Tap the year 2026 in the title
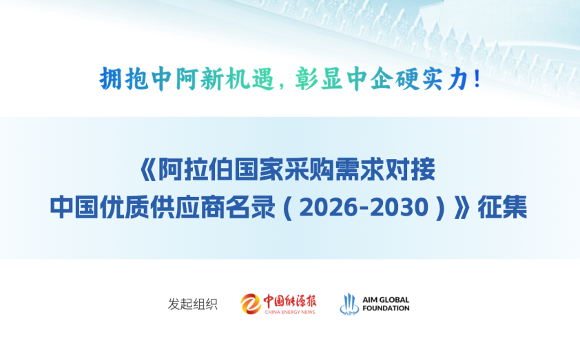coord(324,207)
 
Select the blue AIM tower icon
coord(349,304)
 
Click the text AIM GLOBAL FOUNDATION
coord(386,304)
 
